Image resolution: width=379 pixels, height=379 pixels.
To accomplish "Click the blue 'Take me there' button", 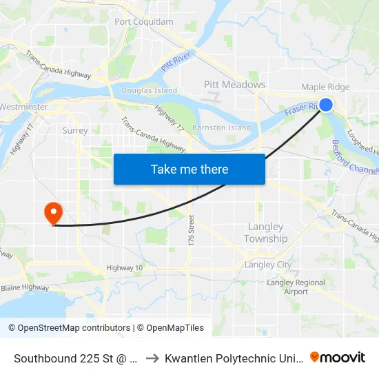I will click(189, 169).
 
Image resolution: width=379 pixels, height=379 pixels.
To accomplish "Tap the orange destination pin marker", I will click(53, 213).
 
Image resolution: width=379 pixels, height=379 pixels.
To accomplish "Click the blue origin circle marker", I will click(326, 105).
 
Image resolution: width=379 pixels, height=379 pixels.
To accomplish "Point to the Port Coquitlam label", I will click(144, 22).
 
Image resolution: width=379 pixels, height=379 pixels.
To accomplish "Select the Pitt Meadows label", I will click(234, 84).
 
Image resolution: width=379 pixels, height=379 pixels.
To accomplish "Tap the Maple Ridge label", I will click(325, 88).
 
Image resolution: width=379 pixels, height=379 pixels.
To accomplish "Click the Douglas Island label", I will click(149, 90).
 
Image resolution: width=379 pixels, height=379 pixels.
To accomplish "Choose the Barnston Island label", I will click(221, 127).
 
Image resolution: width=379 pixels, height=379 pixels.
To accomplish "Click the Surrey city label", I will click(74, 130).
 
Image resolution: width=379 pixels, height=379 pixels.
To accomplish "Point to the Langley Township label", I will click(265, 233).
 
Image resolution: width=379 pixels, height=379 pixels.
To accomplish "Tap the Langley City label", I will click(268, 265).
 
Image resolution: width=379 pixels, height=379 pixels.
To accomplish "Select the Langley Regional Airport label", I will click(296, 287).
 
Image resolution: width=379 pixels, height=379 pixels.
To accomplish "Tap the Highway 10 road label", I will click(124, 267).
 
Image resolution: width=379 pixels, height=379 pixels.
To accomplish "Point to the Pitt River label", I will click(175, 65).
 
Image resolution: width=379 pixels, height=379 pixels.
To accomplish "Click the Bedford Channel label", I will click(354, 158).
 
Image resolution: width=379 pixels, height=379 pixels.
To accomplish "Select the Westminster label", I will click(23, 107).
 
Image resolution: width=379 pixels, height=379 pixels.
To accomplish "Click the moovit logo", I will click(338, 357).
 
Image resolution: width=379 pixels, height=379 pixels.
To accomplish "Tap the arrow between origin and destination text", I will click(152, 358).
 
